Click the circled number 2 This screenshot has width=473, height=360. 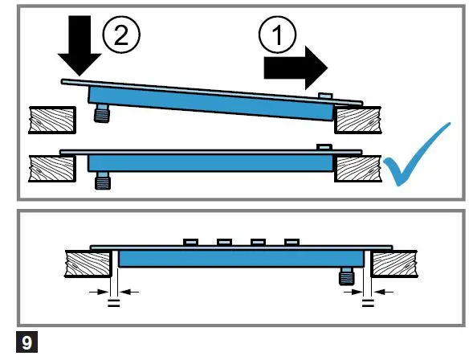pos(121,36)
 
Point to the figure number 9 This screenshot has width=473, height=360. pos(27,342)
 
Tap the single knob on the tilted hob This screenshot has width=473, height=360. pos(324,96)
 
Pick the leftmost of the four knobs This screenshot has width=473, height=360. pos(192,241)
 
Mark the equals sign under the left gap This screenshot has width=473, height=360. pos(114,304)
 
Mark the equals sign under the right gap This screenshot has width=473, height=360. pos(368,304)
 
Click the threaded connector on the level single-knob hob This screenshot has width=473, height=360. pos(100,180)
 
